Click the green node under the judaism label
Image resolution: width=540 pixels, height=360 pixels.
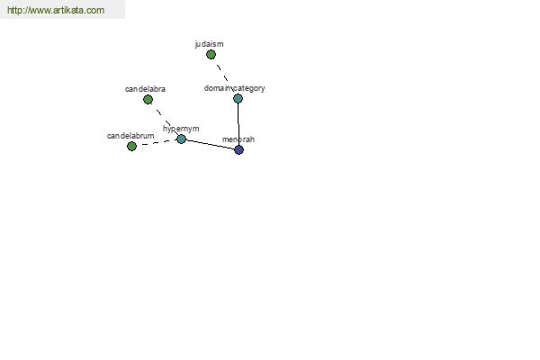tap(211, 54)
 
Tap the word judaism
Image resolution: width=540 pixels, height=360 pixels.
tap(209, 44)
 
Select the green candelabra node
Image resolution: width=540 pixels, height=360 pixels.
tap(148, 100)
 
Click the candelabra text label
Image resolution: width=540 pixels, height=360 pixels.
tap(145, 89)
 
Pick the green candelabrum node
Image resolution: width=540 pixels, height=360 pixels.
tap(131, 147)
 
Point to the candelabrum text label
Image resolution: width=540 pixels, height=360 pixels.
tap(130, 136)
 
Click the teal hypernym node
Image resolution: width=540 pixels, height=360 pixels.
tap(181, 139)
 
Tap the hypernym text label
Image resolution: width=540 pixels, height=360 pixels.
tap(181, 129)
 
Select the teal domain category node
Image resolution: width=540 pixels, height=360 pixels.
tap(238, 98)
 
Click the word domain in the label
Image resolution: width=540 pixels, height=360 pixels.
tap(218, 88)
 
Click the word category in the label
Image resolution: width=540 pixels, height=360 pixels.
tap(249, 88)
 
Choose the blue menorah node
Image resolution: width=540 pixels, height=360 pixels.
tap(239, 150)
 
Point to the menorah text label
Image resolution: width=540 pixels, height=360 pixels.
tap(238, 139)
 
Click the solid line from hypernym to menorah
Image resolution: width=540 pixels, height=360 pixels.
tap(210, 144)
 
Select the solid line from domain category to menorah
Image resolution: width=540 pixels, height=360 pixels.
tap(238, 124)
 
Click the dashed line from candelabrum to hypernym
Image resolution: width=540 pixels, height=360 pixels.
tap(157, 142)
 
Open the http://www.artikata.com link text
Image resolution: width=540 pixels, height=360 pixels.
tap(56, 10)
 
